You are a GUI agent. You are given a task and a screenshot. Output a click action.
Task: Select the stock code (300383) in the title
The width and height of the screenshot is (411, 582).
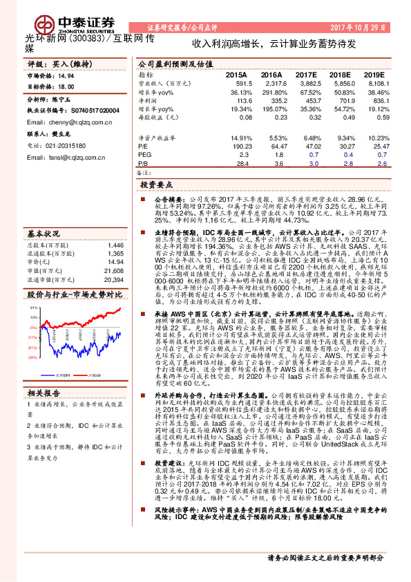coord(86,40)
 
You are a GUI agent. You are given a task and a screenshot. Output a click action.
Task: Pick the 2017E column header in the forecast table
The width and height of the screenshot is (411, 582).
coord(305,74)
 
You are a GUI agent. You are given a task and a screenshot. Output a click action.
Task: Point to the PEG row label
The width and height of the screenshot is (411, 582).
coord(144,156)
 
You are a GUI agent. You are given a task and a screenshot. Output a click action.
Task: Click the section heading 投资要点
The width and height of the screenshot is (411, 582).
coord(155,186)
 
